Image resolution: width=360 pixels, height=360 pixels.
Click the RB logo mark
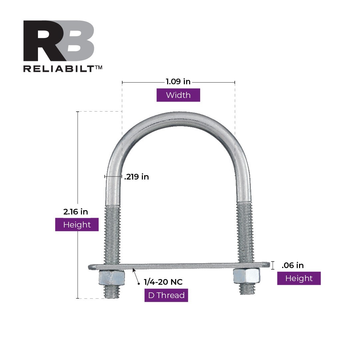click(x=59, y=41)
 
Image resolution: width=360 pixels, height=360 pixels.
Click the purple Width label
click(x=178, y=95)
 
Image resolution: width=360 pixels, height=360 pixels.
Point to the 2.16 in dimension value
click(x=76, y=211)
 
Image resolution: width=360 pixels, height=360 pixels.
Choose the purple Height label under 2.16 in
click(x=77, y=225)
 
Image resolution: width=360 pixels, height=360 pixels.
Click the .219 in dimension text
click(x=137, y=177)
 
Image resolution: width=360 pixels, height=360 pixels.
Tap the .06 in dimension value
click(x=293, y=265)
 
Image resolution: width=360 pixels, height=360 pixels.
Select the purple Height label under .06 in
click(x=299, y=278)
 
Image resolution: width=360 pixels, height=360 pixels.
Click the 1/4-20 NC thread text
click(x=163, y=282)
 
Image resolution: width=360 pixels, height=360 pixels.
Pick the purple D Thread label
click(x=166, y=295)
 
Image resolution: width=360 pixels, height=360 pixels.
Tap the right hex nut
click(x=246, y=276)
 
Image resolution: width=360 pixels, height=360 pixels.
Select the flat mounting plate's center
click(x=179, y=266)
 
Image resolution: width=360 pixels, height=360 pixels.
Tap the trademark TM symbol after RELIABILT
click(x=99, y=67)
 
